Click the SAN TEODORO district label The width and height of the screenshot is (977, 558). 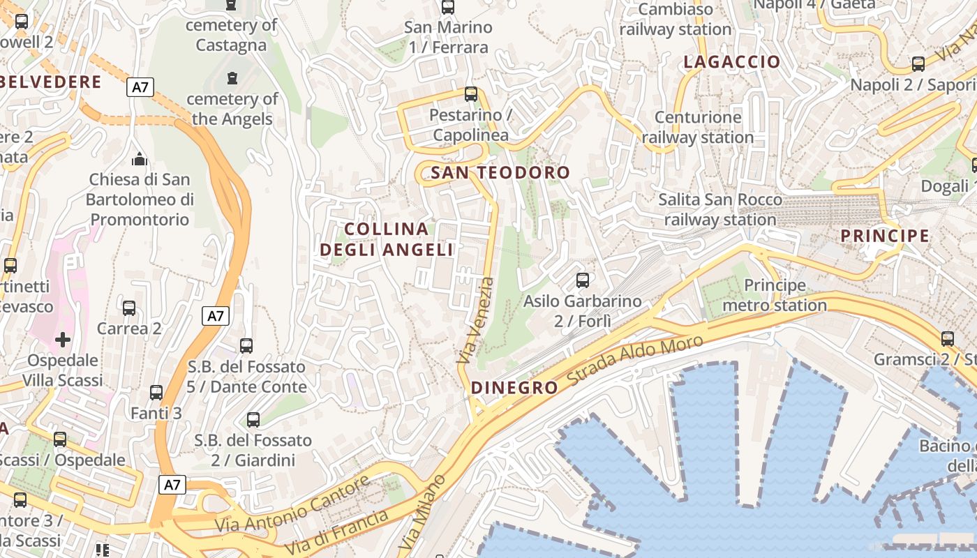(x=500, y=173)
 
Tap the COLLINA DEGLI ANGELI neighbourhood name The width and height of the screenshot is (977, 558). (x=387, y=239)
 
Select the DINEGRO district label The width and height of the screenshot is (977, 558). (x=514, y=388)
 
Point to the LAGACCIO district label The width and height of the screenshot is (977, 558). (x=731, y=62)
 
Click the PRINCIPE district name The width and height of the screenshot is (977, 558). (x=885, y=236)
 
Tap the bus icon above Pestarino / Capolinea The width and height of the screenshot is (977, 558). (x=471, y=94)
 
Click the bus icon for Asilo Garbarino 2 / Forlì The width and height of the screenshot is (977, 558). (x=582, y=280)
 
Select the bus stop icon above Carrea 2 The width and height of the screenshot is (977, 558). (x=129, y=308)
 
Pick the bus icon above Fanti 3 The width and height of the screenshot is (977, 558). (x=156, y=393)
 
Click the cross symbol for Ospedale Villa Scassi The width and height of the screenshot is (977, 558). (x=63, y=340)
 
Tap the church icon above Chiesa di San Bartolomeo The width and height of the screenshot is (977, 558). (x=140, y=159)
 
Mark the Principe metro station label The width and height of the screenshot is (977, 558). (x=775, y=295)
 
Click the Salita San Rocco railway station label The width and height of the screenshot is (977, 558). (x=719, y=209)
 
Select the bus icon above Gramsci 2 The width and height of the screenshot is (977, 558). (x=947, y=339)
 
